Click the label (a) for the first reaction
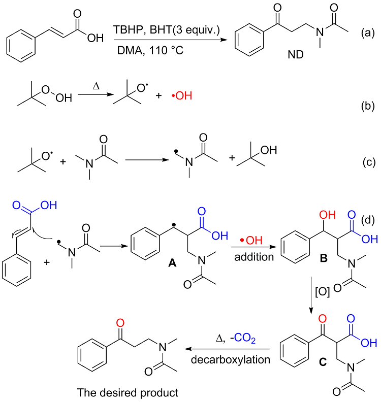[367, 34]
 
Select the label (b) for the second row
[367, 106]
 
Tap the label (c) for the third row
[367, 162]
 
